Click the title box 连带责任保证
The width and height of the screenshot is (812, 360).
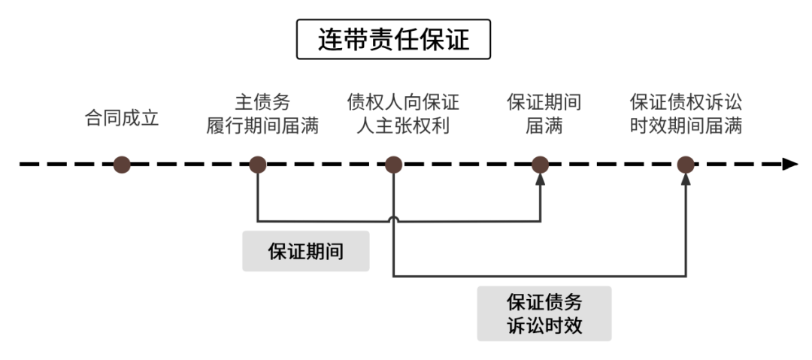(x=393, y=39)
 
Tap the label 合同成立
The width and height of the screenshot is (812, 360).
(x=122, y=119)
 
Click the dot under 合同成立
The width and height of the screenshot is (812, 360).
(x=122, y=165)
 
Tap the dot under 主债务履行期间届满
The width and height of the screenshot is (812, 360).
(x=258, y=165)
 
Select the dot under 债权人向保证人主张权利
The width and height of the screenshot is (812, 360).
(x=394, y=165)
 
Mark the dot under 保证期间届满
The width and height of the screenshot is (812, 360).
(x=540, y=165)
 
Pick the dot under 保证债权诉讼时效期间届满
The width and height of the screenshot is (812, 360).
(x=685, y=165)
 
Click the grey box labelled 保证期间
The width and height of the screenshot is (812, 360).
(x=305, y=251)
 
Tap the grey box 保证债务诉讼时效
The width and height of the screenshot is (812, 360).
(x=544, y=313)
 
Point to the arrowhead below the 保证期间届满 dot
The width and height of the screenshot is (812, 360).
(x=540, y=183)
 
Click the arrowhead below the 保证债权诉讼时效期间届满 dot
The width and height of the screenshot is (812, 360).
(x=685, y=182)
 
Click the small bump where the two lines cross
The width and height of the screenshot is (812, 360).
(x=394, y=219)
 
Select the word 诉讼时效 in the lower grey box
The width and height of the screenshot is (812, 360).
(x=544, y=325)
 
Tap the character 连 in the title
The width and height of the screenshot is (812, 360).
(x=329, y=39)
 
